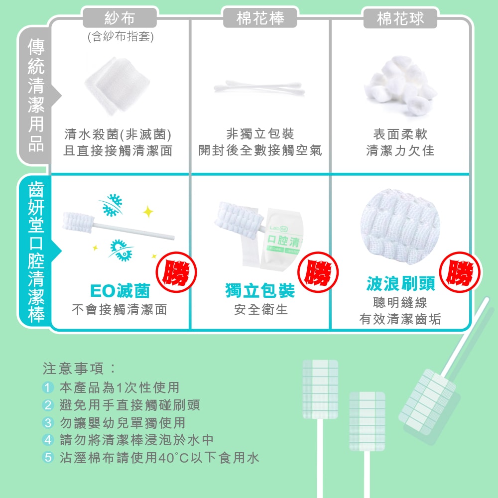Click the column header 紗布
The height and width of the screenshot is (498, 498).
click(120, 18)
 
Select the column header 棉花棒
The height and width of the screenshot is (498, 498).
click(260, 18)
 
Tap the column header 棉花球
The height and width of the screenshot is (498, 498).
click(400, 19)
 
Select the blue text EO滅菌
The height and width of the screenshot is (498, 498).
click(120, 290)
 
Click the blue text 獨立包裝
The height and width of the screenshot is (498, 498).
click(260, 290)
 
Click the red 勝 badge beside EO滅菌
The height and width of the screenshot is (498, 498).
click(177, 273)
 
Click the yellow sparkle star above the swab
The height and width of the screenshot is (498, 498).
click(148, 212)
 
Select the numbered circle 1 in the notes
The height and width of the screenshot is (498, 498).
click(48, 387)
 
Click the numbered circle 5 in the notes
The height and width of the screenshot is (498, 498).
click(48, 457)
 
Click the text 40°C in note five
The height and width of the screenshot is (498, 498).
click(173, 457)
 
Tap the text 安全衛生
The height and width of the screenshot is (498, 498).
click(261, 310)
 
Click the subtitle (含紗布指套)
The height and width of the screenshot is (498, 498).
click(120, 37)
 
